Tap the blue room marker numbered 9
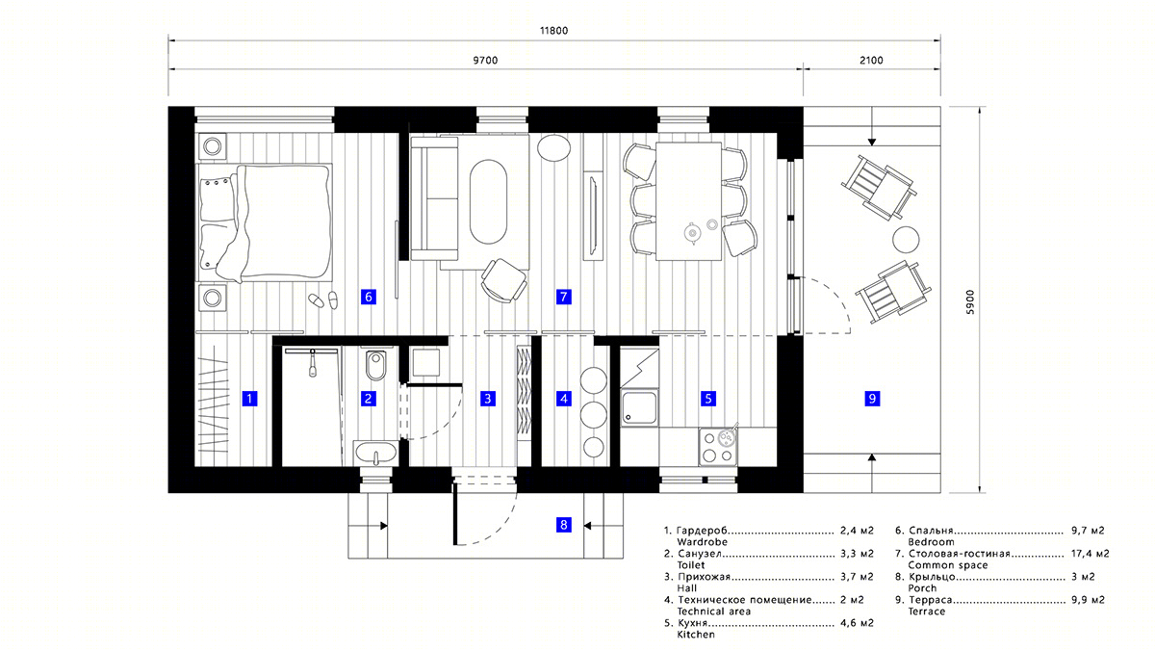click(x=872, y=398)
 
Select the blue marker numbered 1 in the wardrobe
click(x=249, y=398)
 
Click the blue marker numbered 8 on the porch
click(x=564, y=525)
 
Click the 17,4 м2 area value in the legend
click(x=1090, y=554)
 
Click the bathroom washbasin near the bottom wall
click(x=375, y=452)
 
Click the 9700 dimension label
click(x=487, y=61)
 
